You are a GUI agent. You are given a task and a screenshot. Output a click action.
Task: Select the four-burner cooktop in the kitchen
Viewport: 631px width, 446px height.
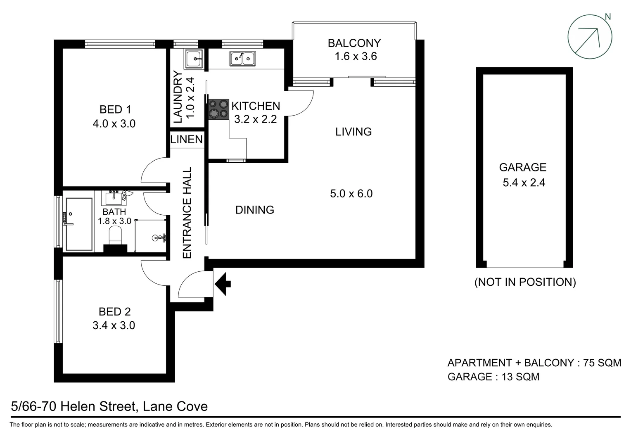click(219, 109)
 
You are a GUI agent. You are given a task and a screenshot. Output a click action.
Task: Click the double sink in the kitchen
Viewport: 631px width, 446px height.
click(242, 59)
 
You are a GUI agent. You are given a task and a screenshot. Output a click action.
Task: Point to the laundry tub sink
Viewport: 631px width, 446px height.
click(193, 59)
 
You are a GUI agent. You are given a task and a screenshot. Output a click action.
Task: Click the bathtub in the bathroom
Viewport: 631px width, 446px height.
click(79, 224)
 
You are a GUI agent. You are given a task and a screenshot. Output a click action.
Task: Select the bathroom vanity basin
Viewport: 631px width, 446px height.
click(114, 198)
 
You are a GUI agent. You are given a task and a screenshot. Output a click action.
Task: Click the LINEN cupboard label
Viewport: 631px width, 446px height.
click(187, 140)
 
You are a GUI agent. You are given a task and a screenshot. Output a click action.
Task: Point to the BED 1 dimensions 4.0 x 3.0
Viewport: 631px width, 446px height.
click(114, 123)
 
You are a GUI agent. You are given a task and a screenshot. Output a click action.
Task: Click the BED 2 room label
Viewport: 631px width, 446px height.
click(114, 311)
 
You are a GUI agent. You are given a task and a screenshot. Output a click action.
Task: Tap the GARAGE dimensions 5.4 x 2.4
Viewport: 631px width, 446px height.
click(524, 183)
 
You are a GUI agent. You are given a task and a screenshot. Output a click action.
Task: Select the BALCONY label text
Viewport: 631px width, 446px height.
click(354, 43)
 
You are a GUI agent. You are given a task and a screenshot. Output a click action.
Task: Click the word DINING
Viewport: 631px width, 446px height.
click(254, 210)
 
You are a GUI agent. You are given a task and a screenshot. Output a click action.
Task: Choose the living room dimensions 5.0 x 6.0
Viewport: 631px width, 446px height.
click(351, 193)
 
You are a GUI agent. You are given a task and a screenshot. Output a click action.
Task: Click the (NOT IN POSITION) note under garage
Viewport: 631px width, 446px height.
click(525, 282)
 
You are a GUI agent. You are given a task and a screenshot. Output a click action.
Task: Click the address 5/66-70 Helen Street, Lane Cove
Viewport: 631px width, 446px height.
click(109, 407)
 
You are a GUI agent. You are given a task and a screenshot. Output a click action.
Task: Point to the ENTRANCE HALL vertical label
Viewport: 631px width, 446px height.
click(187, 213)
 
